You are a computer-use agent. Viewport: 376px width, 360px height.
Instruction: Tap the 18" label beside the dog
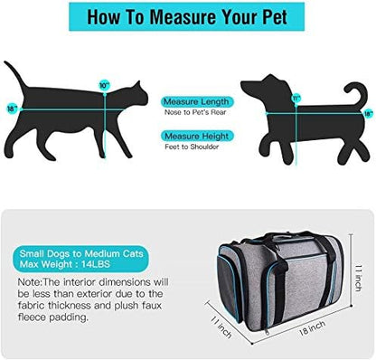367,114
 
